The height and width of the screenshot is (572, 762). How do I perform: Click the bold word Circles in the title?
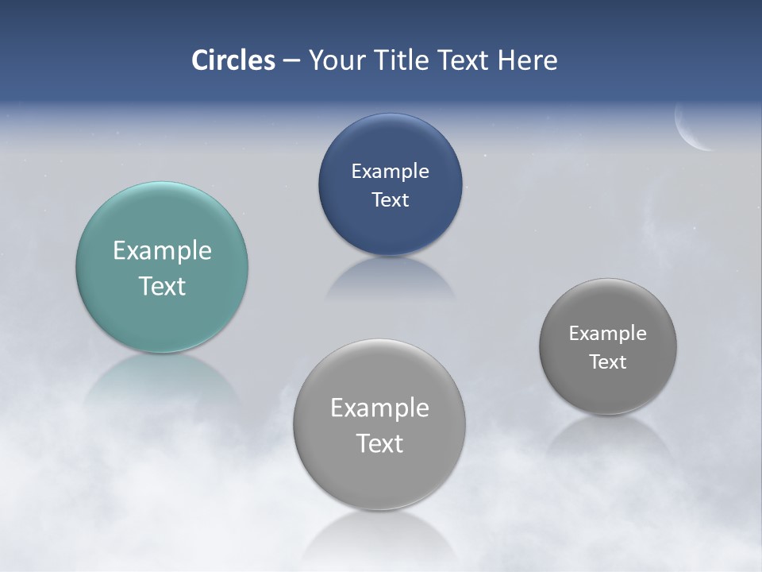click(233, 60)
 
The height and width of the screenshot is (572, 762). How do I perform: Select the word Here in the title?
click(528, 60)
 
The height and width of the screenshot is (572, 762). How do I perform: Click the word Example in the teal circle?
click(162, 251)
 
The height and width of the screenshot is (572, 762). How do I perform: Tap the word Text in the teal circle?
click(162, 286)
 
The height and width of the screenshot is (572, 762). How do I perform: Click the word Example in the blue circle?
click(390, 172)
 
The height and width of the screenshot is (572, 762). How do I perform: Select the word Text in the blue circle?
click(390, 200)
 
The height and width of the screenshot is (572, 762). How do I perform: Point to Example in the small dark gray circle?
click(608, 334)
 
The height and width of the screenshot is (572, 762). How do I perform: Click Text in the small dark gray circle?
click(608, 362)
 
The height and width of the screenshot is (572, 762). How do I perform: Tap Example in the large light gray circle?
click(379, 408)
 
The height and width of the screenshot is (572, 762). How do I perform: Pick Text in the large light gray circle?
click(379, 443)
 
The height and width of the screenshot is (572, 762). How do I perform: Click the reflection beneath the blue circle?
click(390, 278)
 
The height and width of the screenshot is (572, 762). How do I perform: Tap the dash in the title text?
click(291, 61)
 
